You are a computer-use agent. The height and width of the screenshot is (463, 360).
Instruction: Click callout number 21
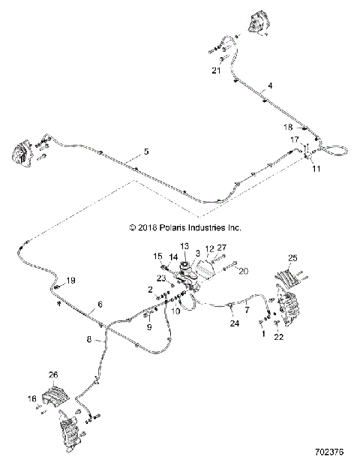pyautogui.click(x=216, y=71)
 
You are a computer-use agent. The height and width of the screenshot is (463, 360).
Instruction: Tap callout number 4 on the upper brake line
pyautogui.click(x=270, y=86)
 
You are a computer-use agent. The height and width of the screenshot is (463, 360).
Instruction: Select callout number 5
pyautogui.click(x=146, y=152)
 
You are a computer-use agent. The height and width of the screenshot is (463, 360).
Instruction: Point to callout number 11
pyautogui.click(x=316, y=170)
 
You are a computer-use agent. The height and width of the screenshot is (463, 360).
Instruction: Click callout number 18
pyautogui.click(x=288, y=128)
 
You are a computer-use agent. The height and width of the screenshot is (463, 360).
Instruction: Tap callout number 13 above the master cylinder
pyautogui.click(x=184, y=246)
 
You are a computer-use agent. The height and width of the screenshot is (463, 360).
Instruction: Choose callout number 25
pyautogui.click(x=292, y=257)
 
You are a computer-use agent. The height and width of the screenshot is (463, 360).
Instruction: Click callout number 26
pyautogui.click(x=53, y=375)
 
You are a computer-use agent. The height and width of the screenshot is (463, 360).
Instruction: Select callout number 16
pyautogui.click(x=32, y=398)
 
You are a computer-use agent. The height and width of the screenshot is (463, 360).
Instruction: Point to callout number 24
pyautogui.click(x=234, y=325)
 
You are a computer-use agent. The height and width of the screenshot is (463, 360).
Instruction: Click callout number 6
pyautogui.click(x=97, y=305)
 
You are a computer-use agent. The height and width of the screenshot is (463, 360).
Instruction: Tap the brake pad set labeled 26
pyautogui.click(x=56, y=395)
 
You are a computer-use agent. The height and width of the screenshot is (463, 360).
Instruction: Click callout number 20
pyautogui.click(x=241, y=272)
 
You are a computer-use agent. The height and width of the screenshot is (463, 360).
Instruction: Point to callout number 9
pyautogui.click(x=148, y=326)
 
